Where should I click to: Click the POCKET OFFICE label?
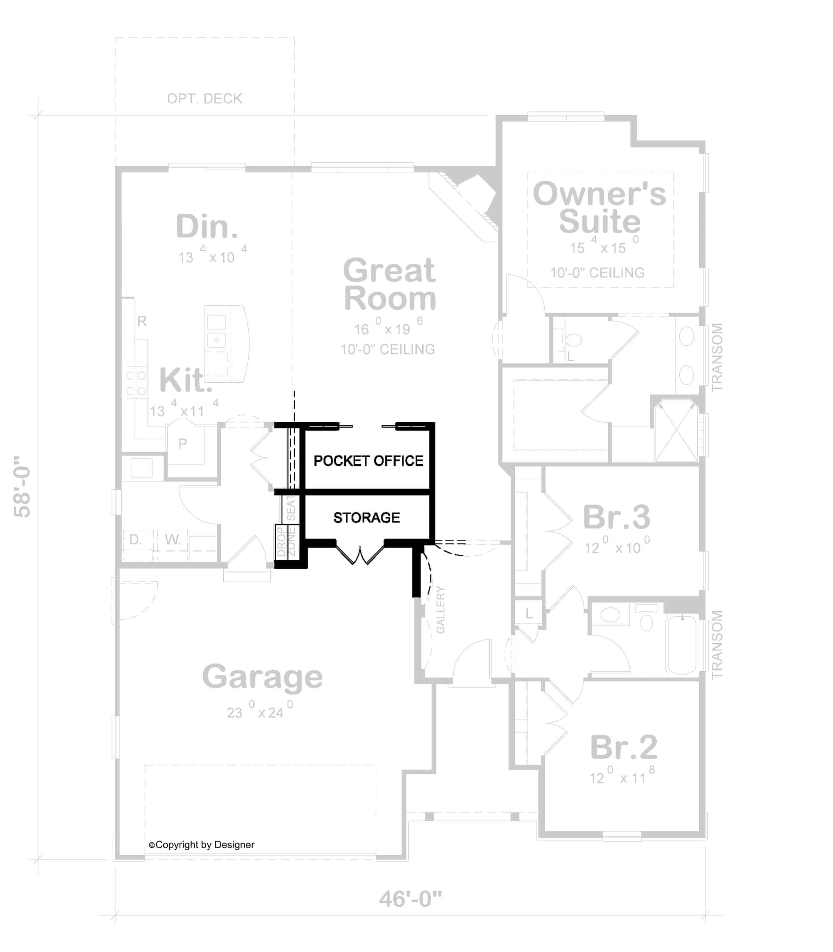click(x=368, y=461)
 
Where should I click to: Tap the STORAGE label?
click(x=366, y=518)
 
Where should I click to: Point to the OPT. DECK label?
click(x=205, y=99)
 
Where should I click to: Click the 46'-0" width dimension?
click(x=410, y=899)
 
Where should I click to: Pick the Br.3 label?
click(x=616, y=517)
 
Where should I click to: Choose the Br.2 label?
click(x=624, y=747)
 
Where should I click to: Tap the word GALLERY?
click(x=440, y=609)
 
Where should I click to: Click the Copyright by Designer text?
click(x=202, y=845)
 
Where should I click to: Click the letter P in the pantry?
click(x=183, y=444)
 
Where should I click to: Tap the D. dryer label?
click(x=135, y=539)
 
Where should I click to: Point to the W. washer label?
click(x=172, y=539)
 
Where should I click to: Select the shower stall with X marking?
click(x=676, y=431)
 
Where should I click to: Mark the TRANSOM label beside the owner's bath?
click(x=717, y=357)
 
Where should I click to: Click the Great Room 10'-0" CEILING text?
click(x=388, y=349)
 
